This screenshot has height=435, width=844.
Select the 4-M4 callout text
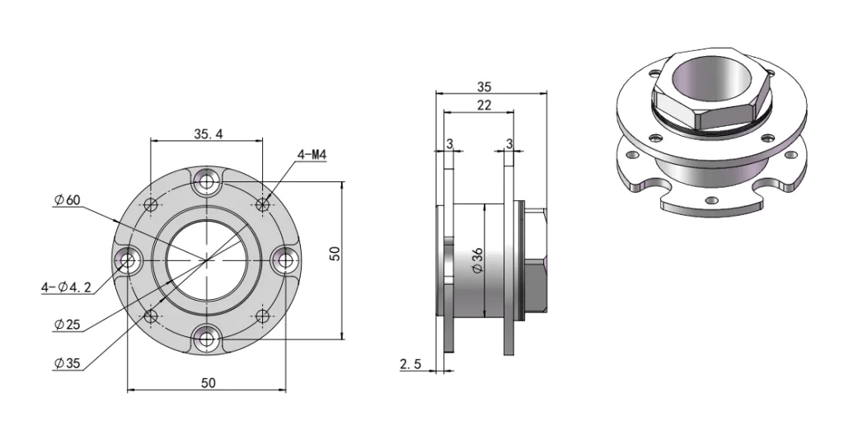[x=312, y=154]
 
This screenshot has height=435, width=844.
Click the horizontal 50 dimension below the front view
[x=208, y=383]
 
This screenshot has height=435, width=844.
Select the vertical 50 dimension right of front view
[x=335, y=253]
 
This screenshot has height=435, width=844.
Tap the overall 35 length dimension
[x=485, y=86]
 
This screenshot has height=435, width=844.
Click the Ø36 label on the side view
[x=476, y=260]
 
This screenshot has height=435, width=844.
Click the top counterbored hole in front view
[x=205, y=181]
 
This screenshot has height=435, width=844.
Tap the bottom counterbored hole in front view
[x=205, y=339]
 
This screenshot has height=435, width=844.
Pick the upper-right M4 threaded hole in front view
[x=263, y=203]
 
